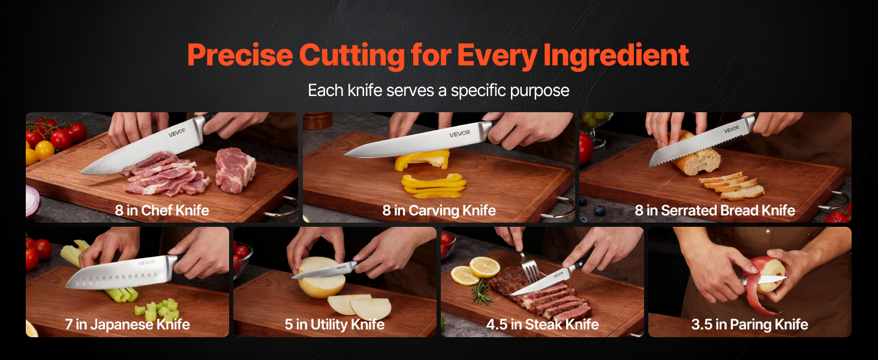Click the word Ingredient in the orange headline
pos(616,55)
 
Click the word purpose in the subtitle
pos(539,91)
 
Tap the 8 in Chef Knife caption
pos(162,211)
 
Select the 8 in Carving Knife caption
pos(439,211)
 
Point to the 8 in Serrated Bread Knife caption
pos(715,211)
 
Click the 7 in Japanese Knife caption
pos(127,325)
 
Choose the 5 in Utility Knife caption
pos(335,325)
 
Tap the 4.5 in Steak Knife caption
pos(543,325)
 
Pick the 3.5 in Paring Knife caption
pos(750,325)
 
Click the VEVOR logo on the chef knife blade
pos(177,132)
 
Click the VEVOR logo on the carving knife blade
pos(459,134)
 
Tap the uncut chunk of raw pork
pos(235,169)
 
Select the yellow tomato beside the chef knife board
pos(45,150)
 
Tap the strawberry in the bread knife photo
pos(839,215)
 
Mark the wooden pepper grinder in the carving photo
pos(317,121)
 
